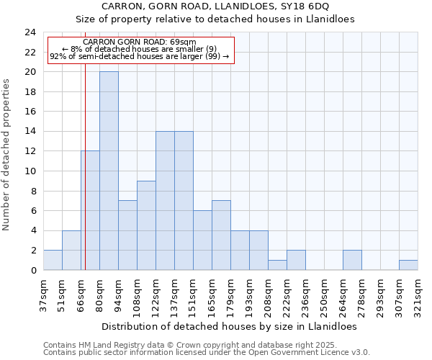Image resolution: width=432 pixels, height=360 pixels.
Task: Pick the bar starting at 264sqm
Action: [x=352, y=260]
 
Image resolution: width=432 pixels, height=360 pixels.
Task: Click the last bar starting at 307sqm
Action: [x=408, y=265]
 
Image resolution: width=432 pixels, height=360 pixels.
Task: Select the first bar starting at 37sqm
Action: [x=53, y=260]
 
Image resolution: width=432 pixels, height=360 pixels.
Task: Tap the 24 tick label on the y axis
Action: [x=30, y=32]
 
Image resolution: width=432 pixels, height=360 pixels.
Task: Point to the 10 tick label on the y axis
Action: [x=30, y=171]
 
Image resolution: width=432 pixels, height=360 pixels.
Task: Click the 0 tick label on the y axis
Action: [x=33, y=270]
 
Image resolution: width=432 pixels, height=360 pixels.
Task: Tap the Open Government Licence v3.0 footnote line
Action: [x=207, y=353]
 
